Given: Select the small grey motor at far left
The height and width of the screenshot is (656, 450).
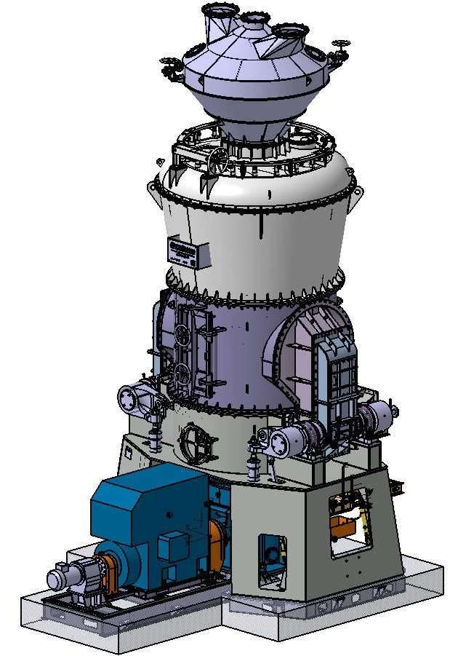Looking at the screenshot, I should coord(61,578).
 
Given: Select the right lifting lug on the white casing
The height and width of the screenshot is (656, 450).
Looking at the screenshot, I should coord(356,193).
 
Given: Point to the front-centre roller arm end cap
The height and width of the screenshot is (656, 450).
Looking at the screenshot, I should coord(274,441).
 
